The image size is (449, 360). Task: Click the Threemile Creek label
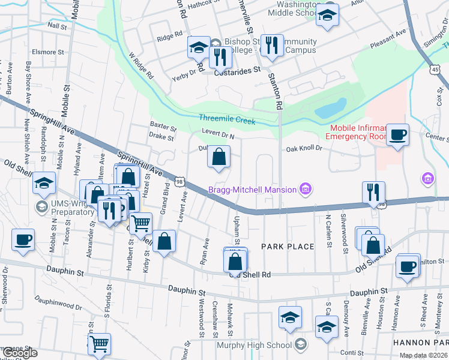[x=228, y=121]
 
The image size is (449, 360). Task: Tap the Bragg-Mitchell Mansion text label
[x=252, y=190]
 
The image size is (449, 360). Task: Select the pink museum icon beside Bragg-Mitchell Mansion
[x=306, y=190]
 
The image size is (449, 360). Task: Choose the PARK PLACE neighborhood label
[x=288, y=247]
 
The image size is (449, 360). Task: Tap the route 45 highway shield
[x=434, y=70]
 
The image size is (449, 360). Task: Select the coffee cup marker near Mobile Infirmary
[x=397, y=135]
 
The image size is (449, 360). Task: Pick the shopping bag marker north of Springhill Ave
[x=220, y=157]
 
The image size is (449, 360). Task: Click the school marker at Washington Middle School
[x=328, y=16]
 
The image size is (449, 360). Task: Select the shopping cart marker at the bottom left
[x=100, y=344]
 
